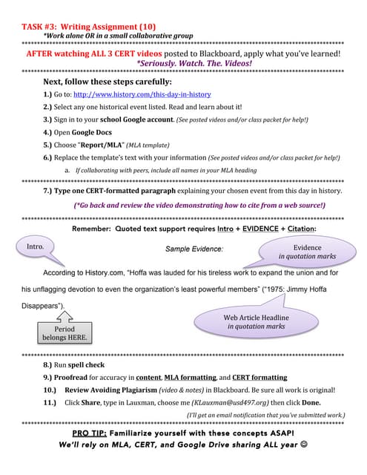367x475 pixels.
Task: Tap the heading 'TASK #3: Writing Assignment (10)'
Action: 89,27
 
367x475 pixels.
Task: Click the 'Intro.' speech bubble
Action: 36,246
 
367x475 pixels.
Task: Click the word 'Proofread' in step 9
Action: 73,377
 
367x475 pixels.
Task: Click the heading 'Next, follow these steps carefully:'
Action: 108,82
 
